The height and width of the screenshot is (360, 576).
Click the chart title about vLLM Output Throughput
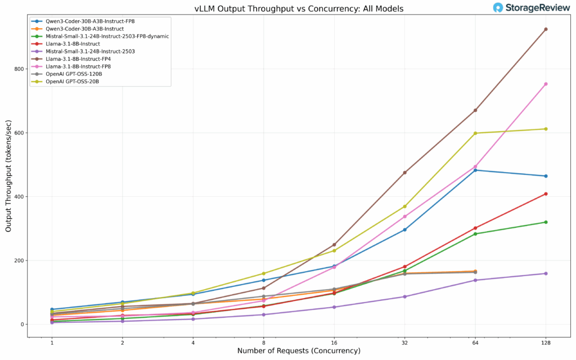[x=299, y=8]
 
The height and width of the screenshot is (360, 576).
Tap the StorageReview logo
[x=532, y=7]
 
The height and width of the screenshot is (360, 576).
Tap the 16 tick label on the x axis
[x=334, y=342]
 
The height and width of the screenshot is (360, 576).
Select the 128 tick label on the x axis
[x=546, y=342]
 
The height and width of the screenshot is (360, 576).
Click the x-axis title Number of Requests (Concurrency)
[x=299, y=351]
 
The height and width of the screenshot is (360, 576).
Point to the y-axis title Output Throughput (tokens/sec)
[x=8, y=175]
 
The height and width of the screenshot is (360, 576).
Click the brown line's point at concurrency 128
[x=546, y=29]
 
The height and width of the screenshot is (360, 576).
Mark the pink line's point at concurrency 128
[x=546, y=84]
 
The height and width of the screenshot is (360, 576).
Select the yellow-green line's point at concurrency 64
[x=475, y=133]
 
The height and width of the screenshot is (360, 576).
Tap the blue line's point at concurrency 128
[x=546, y=176]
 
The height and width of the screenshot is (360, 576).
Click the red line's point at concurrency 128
[x=546, y=194]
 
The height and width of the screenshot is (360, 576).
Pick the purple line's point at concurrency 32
[x=405, y=296]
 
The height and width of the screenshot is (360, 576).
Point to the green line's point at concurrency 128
[x=546, y=222]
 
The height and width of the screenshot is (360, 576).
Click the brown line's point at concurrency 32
[x=405, y=173]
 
